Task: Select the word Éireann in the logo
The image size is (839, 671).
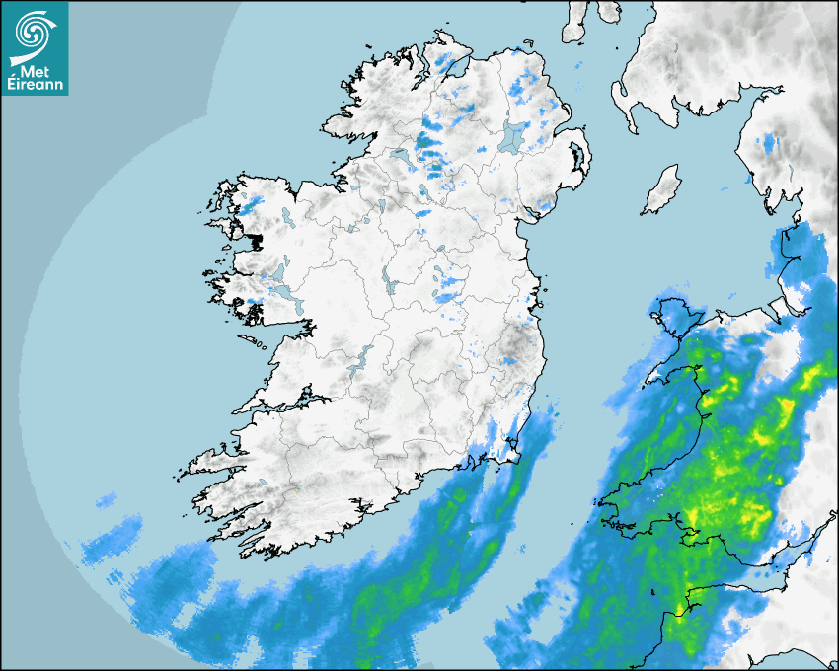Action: (35, 85)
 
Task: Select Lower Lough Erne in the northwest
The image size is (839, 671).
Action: (403, 158)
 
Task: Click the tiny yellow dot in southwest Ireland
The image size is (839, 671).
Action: (295, 488)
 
